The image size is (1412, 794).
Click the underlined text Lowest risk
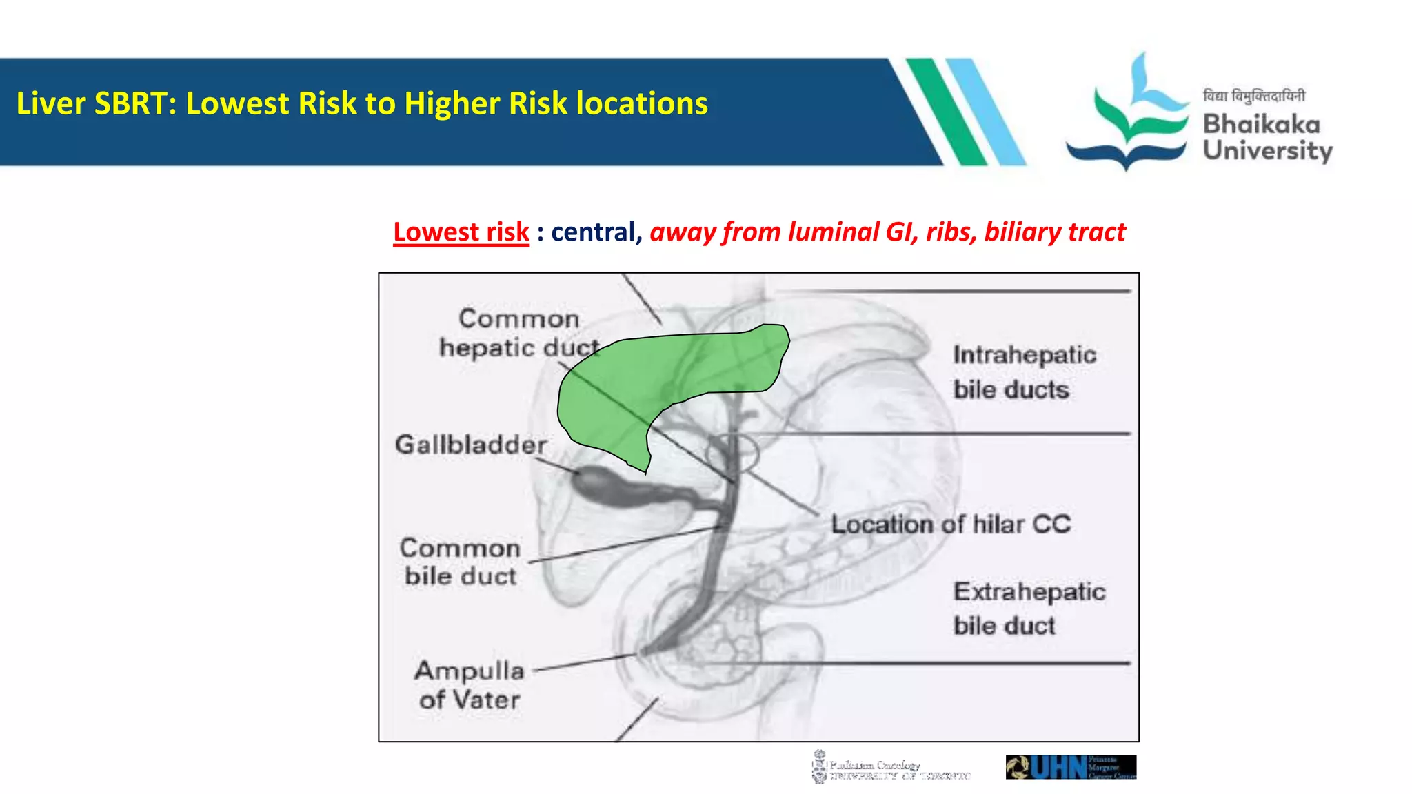(x=461, y=232)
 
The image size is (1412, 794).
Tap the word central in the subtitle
(x=592, y=232)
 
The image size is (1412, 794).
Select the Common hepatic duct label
(x=518, y=334)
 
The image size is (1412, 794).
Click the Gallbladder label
(x=471, y=445)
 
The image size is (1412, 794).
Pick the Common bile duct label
(x=461, y=562)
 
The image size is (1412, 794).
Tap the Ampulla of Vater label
(x=470, y=685)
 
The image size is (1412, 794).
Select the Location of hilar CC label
(x=950, y=525)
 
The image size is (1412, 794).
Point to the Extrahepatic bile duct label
(x=1028, y=609)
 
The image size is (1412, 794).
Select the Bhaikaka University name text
(x=1267, y=138)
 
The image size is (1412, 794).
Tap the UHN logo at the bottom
(x=1070, y=766)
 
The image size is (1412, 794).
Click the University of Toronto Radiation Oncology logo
(x=889, y=766)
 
